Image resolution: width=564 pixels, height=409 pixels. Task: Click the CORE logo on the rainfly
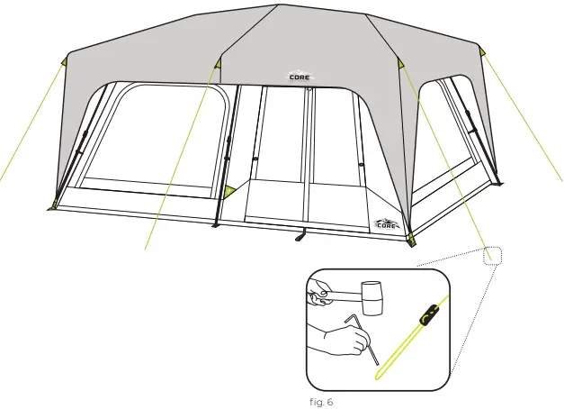[x=300, y=77]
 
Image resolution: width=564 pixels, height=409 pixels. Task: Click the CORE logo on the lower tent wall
[x=385, y=223]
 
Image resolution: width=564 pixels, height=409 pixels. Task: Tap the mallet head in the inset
[x=372, y=293]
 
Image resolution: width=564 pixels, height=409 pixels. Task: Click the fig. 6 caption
[x=319, y=401]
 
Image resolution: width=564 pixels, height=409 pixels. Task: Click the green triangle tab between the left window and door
[x=230, y=190]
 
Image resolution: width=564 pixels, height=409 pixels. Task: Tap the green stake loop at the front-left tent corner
[x=55, y=204]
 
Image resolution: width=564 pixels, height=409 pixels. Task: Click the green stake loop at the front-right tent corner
[x=411, y=239]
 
